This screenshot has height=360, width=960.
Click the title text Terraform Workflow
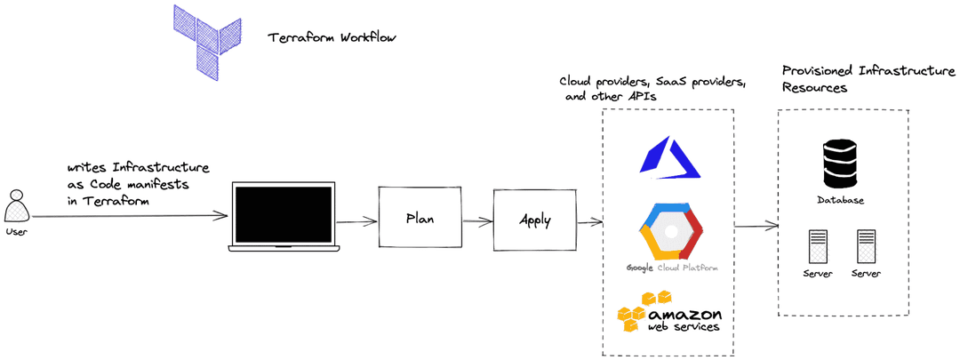(332, 38)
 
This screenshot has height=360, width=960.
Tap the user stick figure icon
(16, 206)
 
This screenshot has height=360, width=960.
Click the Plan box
(420, 218)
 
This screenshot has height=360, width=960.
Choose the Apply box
(534, 220)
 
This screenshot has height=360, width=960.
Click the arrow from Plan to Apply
(477, 220)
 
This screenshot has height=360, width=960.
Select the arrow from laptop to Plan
(358, 221)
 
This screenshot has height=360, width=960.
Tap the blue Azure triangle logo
(669, 156)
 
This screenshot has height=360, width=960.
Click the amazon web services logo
(669, 313)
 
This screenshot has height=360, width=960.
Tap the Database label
(840, 201)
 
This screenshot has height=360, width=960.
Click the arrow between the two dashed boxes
(755, 227)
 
